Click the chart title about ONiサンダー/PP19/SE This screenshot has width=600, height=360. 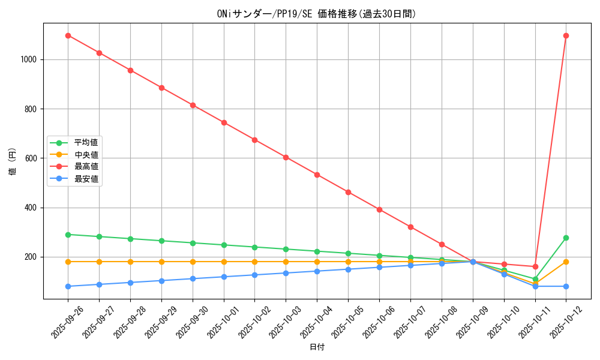click(x=316, y=14)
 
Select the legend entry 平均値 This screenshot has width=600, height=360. click(x=86, y=143)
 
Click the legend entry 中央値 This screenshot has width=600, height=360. click(x=86, y=155)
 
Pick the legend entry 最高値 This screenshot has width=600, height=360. click(x=86, y=166)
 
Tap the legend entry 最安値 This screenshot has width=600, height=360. click(x=86, y=178)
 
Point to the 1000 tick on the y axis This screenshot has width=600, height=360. click(x=29, y=60)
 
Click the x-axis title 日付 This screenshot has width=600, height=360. click(x=317, y=347)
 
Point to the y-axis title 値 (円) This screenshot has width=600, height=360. click(x=13, y=161)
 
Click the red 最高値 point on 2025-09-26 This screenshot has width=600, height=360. click(x=68, y=35)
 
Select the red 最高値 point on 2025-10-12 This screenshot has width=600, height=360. click(x=566, y=35)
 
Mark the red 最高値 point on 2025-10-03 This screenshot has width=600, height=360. click(x=286, y=157)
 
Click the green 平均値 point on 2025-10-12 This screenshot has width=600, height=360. click(x=566, y=238)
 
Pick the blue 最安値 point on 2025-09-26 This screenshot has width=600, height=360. click(x=68, y=286)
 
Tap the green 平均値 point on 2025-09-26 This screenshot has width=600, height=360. click(x=68, y=235)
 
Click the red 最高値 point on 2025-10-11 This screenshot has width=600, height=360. click(x=535, y=266)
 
